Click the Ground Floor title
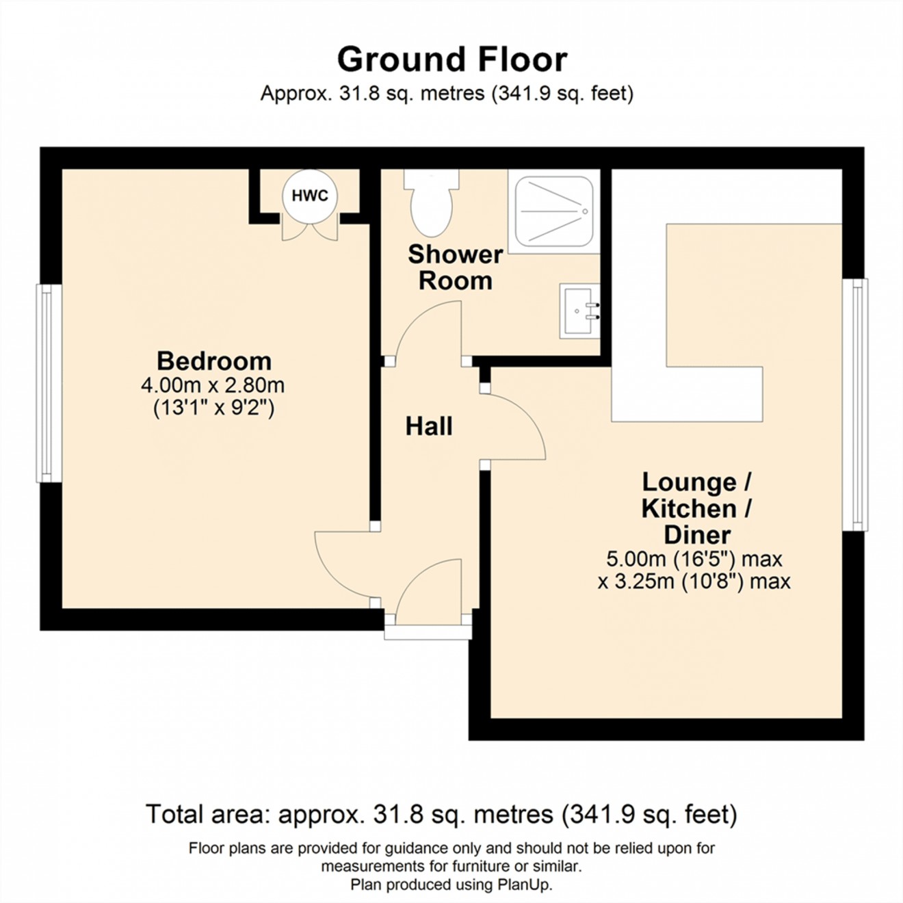pyautogui.click(x=451, y=60)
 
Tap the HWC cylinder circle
pyautogui.click(x=310, y=196)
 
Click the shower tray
pyautogui.click(x=553, y=211)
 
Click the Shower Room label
pyautogui.click(x=455, y=267)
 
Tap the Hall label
pyautogui.click(x=429, y=426)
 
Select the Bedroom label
pyautogui.click(x=213, y=361)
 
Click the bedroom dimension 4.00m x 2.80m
pyautogui.click(x=213, y=385)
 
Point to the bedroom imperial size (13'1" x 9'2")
pyautogui.click(x=213, y=408)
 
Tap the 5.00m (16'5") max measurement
pyautogui.click(x=694, y=559)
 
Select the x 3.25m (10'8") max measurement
pyautogui.click(x=694, y=581)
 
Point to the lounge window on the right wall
pyautogui.click(x=855, y=404)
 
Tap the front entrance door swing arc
pyautogui.click(x=428, y=588)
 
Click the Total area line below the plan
pyautogui.click(x=441, y=814)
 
